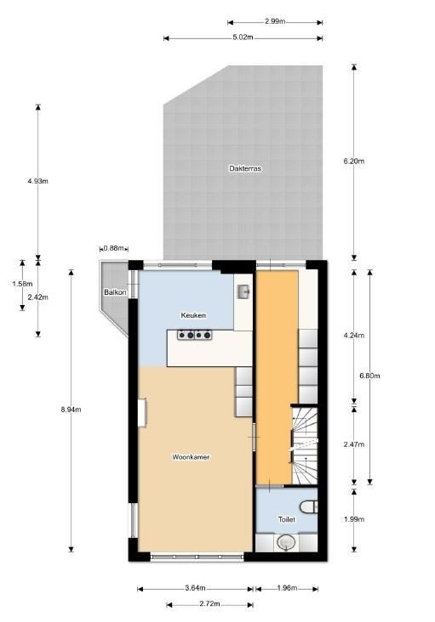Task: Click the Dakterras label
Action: (x=245, y=168)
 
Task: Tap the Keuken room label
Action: (x=193, y=315)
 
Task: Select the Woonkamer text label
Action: (x=191, y=457)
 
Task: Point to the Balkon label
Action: (x=115, y=292)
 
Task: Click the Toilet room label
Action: (x=286, y=519)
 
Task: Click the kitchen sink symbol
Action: (x=243, y=291)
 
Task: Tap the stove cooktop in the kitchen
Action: (x=195, y=335)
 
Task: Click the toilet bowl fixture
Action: (x=309, y=506)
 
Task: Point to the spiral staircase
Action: (x=305, y=445)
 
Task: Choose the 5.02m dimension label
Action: (x=243, y=37)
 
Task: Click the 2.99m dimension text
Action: (x=275, y=21)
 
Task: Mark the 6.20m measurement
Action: (x=353, y=161)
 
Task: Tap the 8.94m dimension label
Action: (x=71, y=410)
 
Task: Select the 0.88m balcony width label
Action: (x=113, y=248)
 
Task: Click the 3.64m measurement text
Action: (x=195, y=588)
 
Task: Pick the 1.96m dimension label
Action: (x=287, y=588)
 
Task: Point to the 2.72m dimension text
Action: (x=209, y=604)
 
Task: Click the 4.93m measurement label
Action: (x=37, y=181)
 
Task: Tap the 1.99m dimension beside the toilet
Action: (x=353, y=519)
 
